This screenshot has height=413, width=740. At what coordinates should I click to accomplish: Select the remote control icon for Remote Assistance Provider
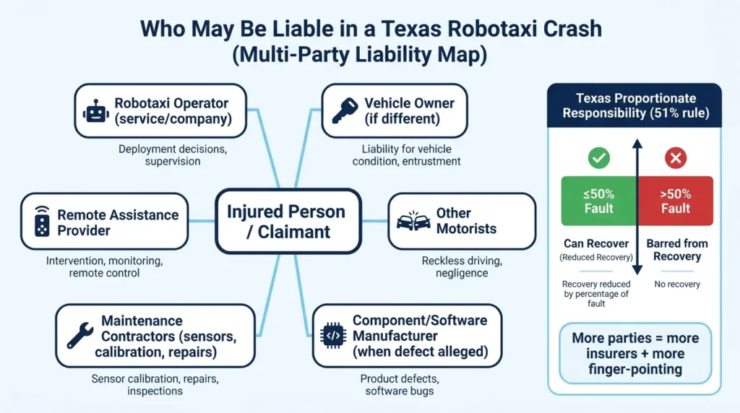point(43,222)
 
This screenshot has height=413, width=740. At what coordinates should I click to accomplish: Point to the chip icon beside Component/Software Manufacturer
point(333,336)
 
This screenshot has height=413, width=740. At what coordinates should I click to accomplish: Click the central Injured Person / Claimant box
point(287,222)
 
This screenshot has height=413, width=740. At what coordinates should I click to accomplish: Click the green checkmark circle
point(599,157)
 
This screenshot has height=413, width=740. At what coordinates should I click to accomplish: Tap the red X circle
point(675,157)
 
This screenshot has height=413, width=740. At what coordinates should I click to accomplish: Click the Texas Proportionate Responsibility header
point(634,105)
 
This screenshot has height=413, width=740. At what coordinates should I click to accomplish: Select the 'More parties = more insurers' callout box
point(635,354)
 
